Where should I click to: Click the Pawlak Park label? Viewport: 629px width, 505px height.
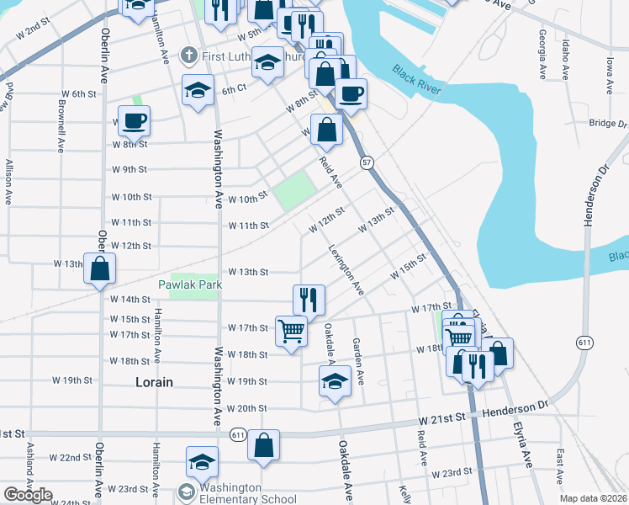[190, 285]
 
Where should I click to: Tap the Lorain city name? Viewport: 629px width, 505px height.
[155, 381]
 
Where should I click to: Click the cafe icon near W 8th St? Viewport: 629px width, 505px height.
[134, 122]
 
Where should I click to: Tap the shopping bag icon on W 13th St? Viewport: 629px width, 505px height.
[100, 268]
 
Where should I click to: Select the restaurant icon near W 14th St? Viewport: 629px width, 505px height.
[309, 299]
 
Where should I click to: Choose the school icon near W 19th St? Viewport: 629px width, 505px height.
[335, 380]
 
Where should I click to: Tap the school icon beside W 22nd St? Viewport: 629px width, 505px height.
[202, 462]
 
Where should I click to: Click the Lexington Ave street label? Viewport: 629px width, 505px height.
[346, 270]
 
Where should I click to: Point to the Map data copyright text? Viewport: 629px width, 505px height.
[592, 498]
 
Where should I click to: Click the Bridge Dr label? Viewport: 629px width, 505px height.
[608, 124]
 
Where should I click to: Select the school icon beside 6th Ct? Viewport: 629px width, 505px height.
[198, 90]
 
